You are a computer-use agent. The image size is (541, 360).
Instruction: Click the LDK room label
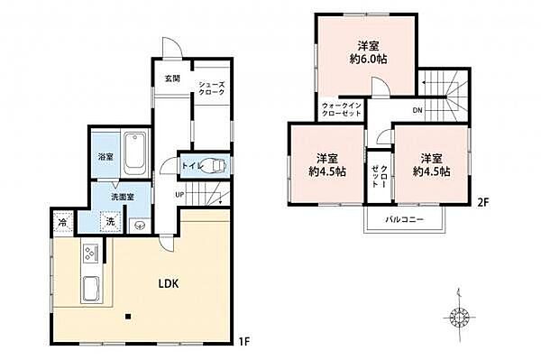pos(169,283)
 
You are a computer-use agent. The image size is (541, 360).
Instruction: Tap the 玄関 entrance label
pos(172,78)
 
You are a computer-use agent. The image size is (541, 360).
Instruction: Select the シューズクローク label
pos(212,88)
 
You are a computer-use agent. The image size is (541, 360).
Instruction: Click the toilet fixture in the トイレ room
pos(215,166)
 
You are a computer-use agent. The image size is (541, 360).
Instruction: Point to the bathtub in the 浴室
pos(134,154)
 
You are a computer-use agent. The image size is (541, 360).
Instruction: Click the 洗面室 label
pos(122,197)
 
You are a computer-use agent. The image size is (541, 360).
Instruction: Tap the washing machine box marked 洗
pos(110,222)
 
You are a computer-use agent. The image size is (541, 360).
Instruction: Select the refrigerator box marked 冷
pos(63,222)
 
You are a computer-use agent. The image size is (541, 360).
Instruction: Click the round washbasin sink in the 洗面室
pos(140,226)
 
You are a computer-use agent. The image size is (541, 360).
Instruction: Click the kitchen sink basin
pos(91,290)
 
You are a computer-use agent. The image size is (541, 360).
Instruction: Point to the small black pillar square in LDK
pos(128,316)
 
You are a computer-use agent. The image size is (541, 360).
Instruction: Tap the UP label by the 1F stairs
pos(179,195)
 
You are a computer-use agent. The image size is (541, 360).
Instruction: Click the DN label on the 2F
pos(417,110)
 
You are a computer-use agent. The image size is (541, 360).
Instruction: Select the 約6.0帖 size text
pos(368,59)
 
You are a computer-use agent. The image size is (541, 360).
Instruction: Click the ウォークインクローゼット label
pos(341,109)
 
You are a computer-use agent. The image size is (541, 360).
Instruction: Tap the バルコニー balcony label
pos(404,219)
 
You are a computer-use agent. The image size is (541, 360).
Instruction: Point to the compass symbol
pos(459,316)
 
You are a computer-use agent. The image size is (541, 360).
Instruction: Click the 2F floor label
pos(482,203)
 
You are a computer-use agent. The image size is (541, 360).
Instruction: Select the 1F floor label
pos(243,342)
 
